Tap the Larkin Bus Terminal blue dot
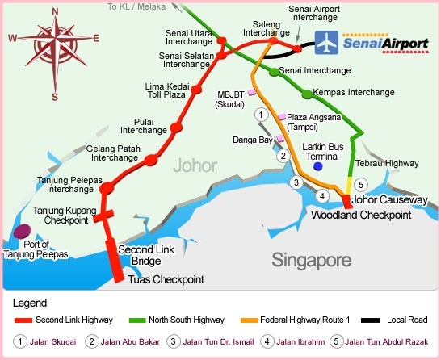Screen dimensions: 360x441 318,165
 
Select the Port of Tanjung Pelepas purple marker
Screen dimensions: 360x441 22,232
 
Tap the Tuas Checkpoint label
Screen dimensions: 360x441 166,279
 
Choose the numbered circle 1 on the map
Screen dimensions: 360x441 261,115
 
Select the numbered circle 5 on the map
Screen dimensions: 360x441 361,184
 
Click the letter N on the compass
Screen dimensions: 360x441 54,10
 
